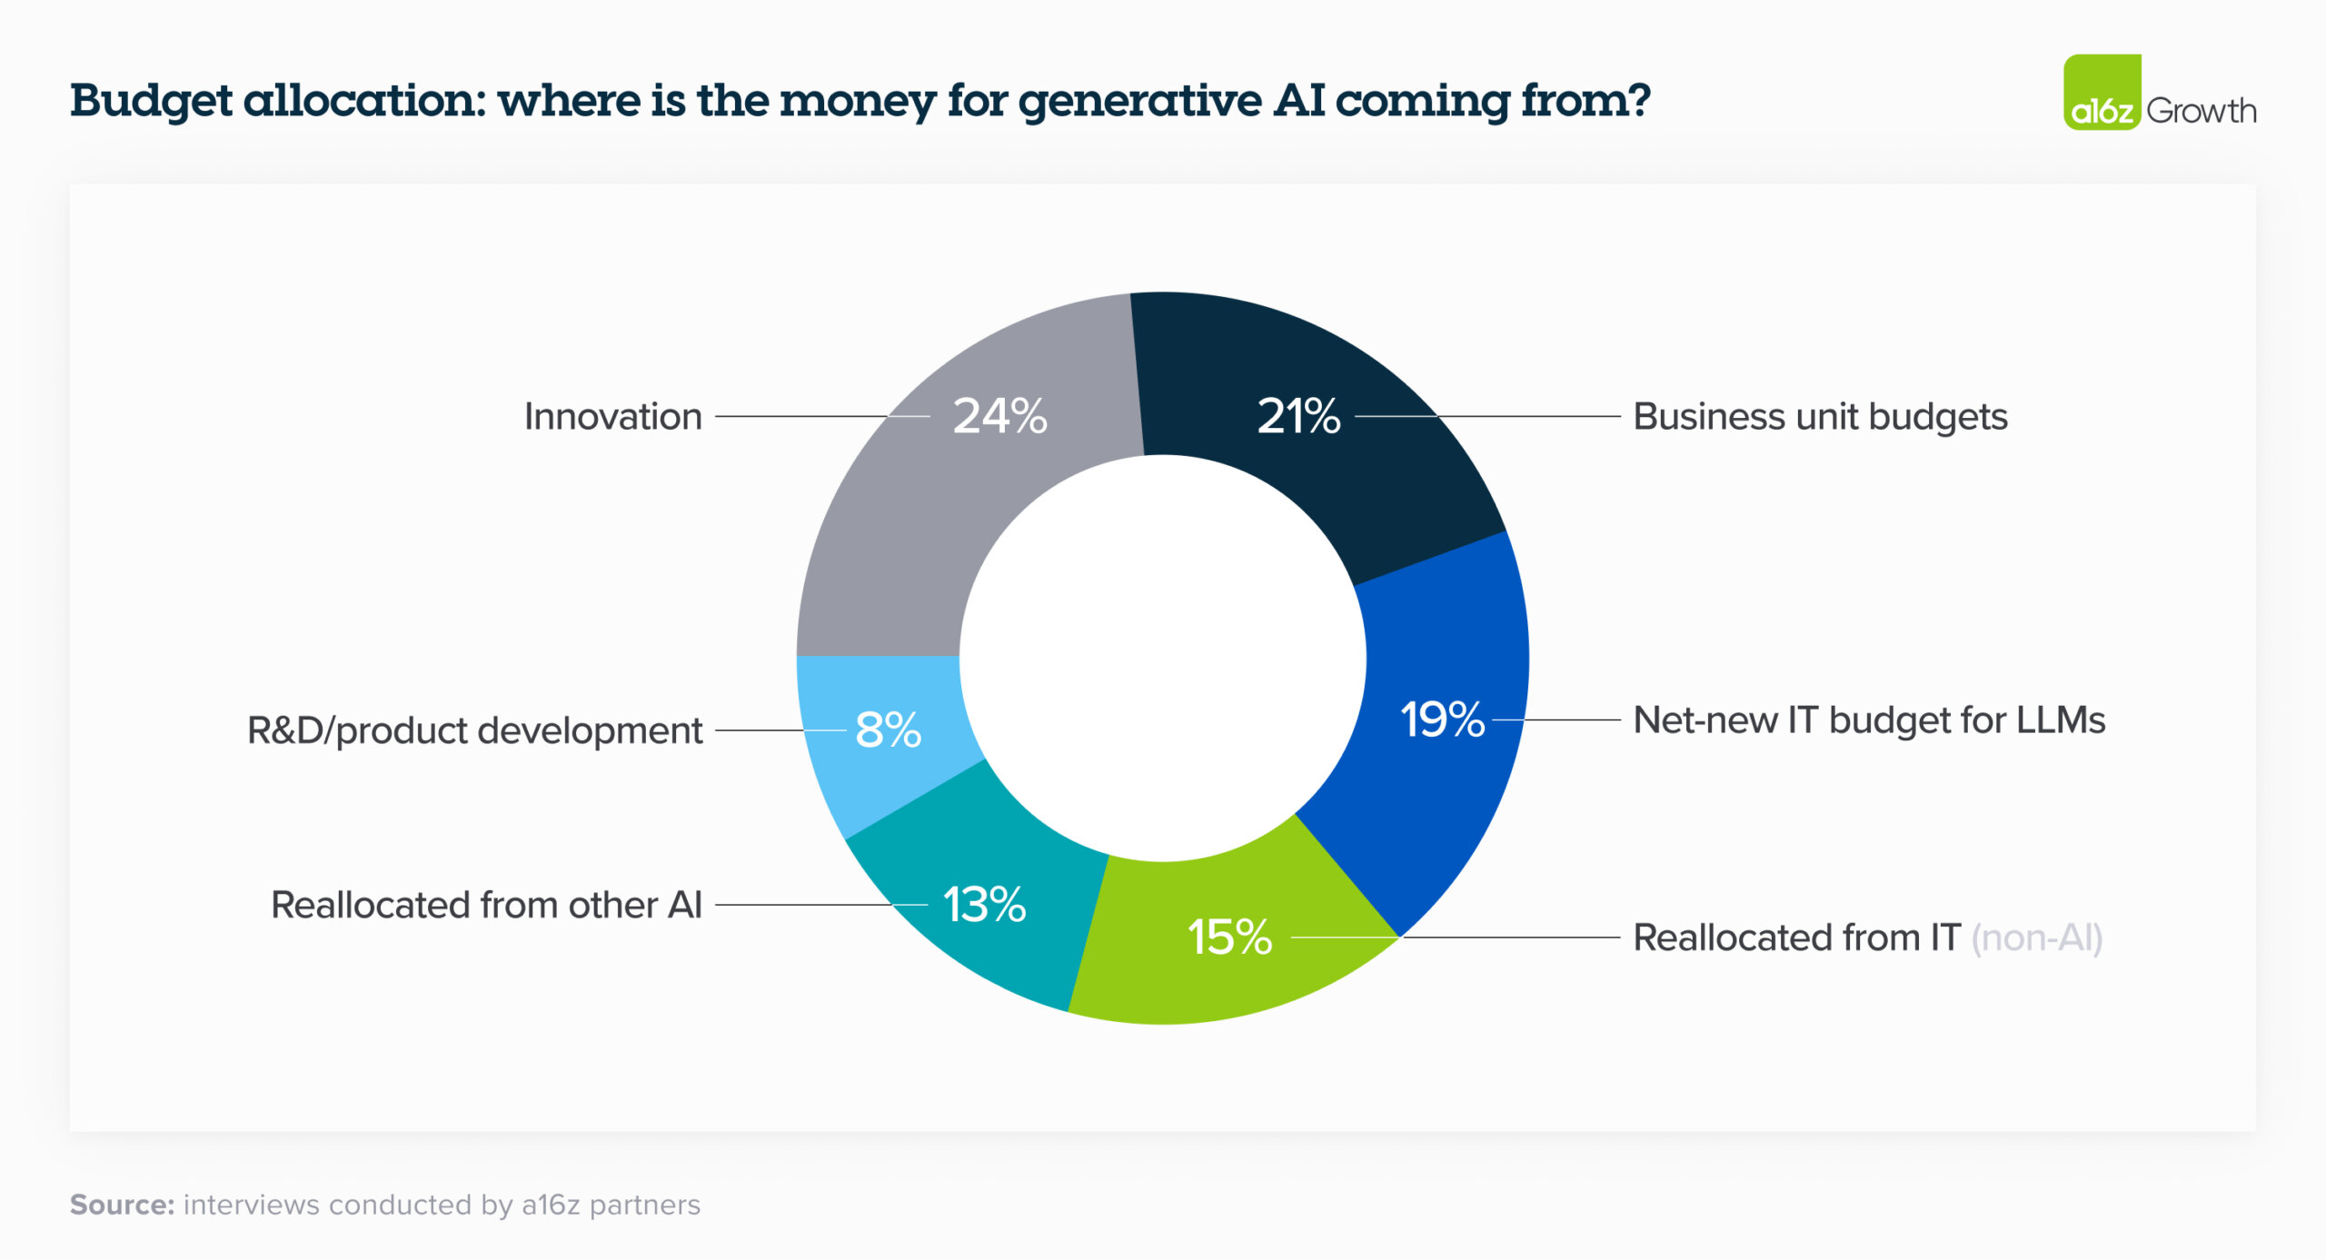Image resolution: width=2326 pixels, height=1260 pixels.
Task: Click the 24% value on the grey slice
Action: (999, 416)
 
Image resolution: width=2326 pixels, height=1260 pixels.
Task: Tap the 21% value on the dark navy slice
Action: (1298, 416)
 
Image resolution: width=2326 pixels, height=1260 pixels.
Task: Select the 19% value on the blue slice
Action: (1442, 719)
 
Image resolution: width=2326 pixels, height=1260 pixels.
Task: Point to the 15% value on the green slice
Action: (1229, 937)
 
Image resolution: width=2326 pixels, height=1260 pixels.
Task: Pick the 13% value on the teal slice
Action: (984, 905)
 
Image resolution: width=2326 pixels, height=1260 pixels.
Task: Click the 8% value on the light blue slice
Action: (888, 729)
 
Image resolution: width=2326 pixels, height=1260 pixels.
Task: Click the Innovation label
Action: (613, 417)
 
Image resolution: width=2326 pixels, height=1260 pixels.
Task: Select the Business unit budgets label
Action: (1820, 417)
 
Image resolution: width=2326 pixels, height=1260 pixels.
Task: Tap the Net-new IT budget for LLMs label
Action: (1869, 720)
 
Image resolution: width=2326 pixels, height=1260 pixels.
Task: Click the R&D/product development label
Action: (474, 730)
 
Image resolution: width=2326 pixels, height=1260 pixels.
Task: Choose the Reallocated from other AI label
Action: (486, 905)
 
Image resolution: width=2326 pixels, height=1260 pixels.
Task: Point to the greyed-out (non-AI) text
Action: (2036, 938)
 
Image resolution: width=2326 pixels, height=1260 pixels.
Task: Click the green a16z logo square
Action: (2101, 93)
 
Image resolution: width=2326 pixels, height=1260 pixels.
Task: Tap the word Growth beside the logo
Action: (2201, 111)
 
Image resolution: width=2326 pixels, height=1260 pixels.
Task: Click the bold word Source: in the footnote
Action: (122, 1205)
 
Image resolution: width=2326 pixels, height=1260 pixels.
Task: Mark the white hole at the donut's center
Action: (1163, 659)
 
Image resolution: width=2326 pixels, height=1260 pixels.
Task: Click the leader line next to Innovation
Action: (800, 416)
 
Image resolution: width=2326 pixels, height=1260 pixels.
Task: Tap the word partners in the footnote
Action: (644, 1205)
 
